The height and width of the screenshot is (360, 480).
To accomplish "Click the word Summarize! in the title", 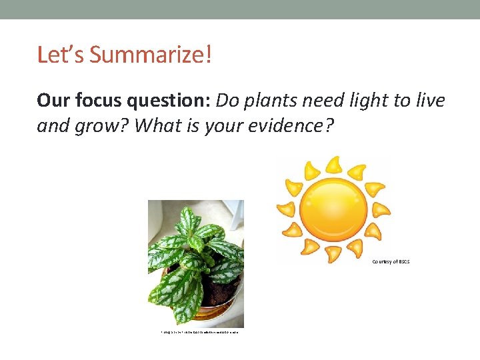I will pyautogui.click(x=150, y=55).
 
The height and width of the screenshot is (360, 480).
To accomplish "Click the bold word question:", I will pyautogui.click(x=166, y=101).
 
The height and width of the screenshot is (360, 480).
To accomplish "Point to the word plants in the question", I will pyautogui.click(x=271, y=101).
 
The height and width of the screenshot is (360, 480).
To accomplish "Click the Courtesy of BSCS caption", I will pyautogui.click(x=391, y=262).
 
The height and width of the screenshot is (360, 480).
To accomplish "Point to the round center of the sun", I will pyautogui.click(x=333, y=209).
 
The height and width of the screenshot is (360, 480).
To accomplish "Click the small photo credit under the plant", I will pyautogui.click(x=195, y=331).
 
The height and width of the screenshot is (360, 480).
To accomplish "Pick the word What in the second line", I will pyautogui.click(x=152, y=125).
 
